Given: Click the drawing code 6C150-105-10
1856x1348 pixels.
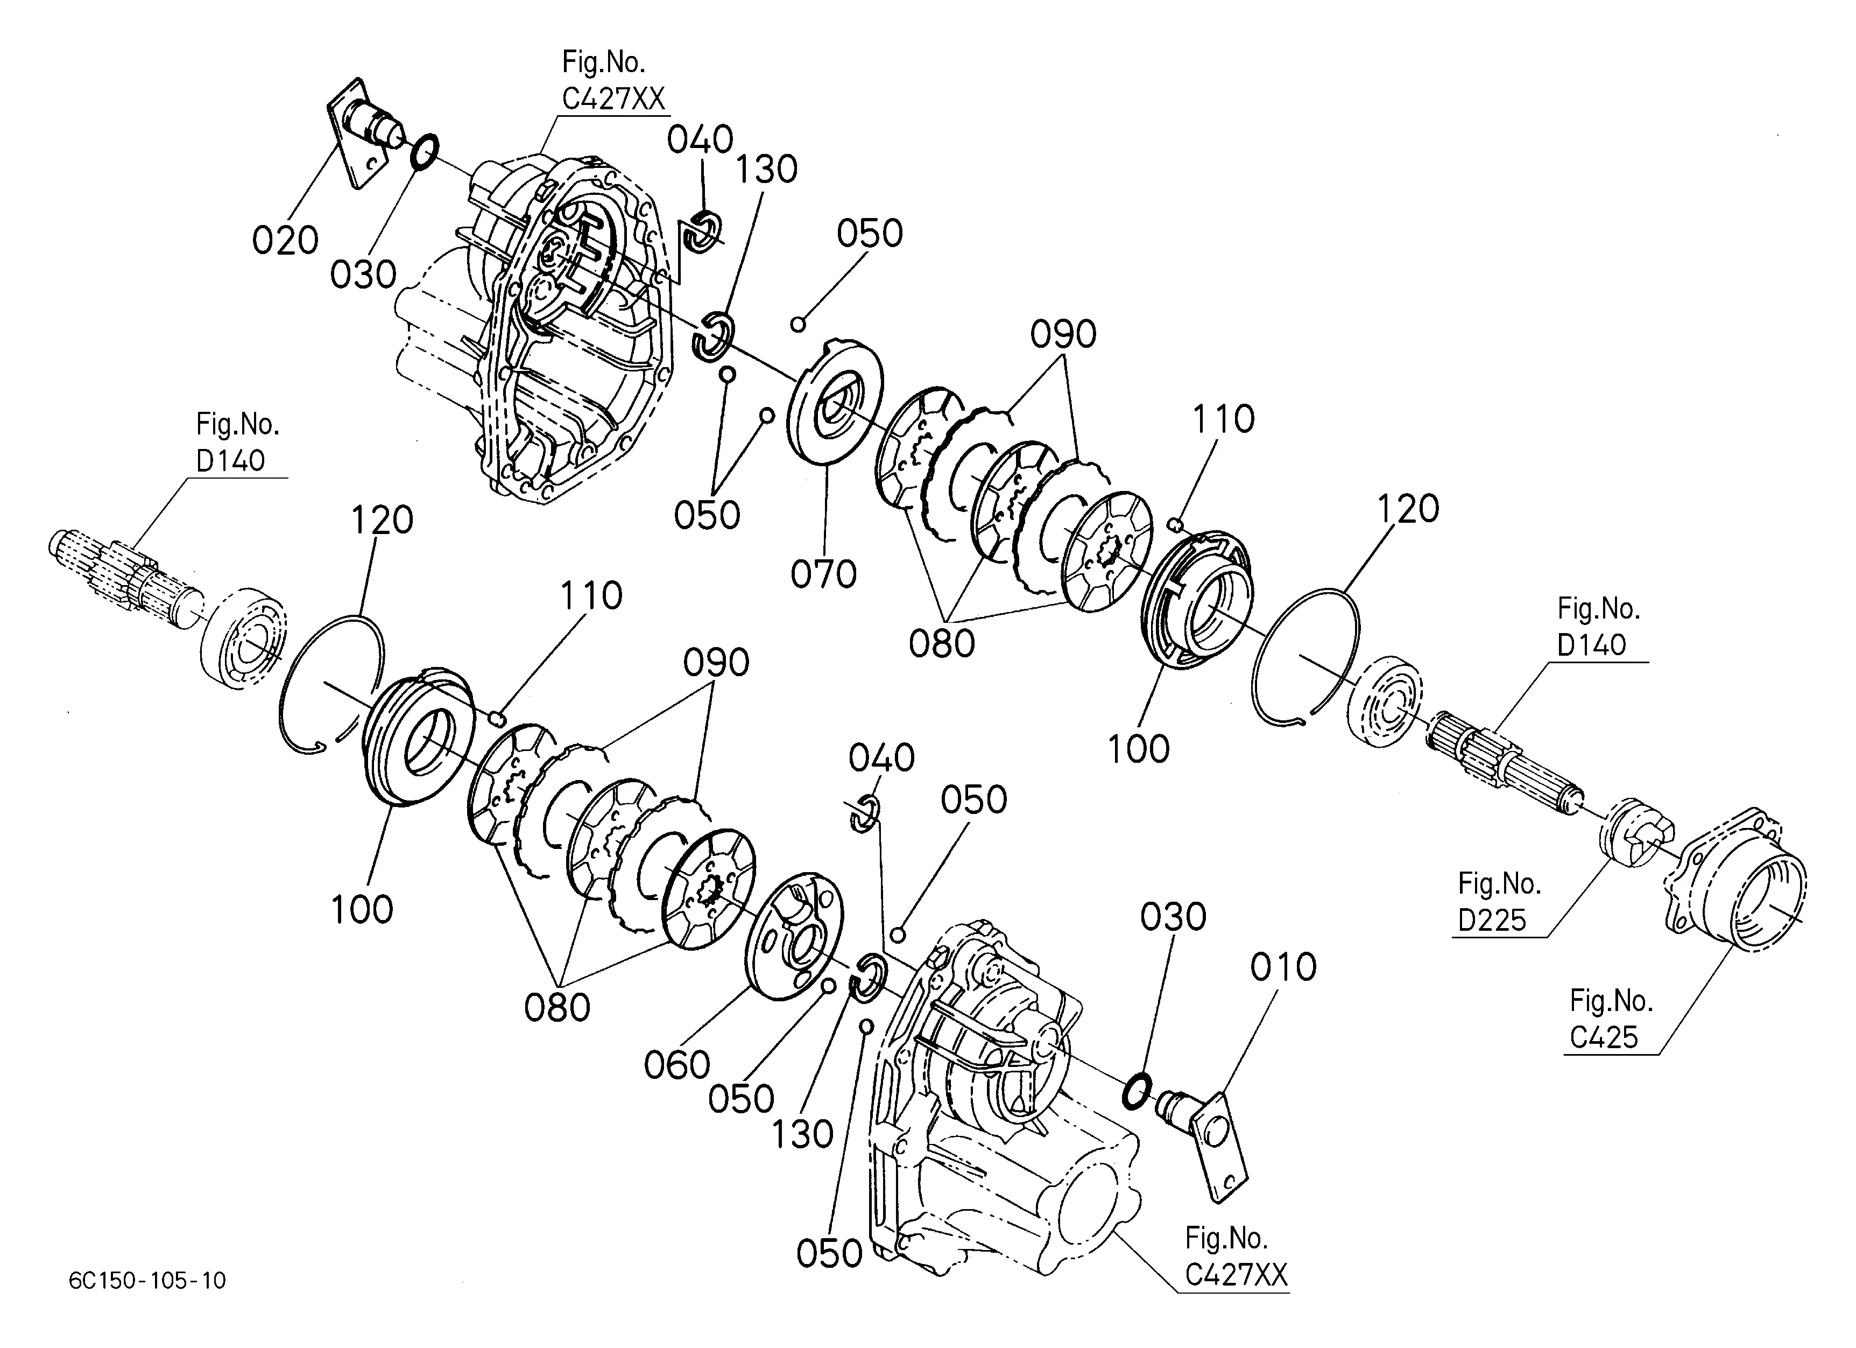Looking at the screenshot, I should pos(147,1280).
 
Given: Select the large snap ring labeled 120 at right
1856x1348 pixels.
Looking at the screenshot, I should pos(1307,655).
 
